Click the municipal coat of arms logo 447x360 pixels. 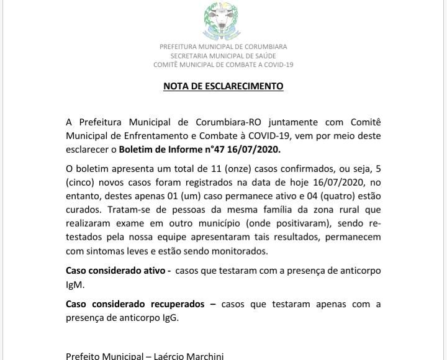pos(223,22)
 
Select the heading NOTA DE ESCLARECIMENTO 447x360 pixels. pos(223,86)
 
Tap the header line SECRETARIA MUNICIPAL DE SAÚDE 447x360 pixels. pos(223,56)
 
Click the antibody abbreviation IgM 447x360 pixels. pos(74,284)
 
